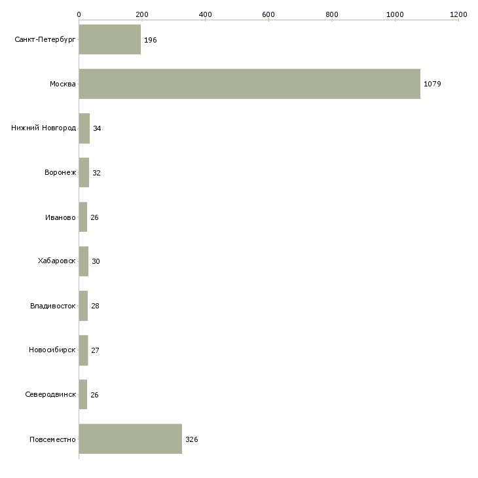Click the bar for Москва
coord(249,84)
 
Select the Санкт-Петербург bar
coord(110,39)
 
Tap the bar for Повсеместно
coord(130,439)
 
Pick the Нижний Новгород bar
coord(84,128)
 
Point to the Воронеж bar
coord(84,173)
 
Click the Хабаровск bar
coord(84,261)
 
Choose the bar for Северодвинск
coord(83,394)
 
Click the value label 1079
coord(432,84)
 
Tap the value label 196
coord(151,40)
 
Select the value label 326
coord(192,439)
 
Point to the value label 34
coord(97,128)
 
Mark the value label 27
coord(95,350)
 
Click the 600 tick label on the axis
coord(268,14)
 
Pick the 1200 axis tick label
coord(458,14)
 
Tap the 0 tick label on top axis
coord(79,14)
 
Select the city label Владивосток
coord(53,306)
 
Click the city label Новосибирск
coord(52,350)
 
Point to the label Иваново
coord(60,217)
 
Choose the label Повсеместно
coord(52,439)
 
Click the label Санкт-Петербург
coord(45,40)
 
